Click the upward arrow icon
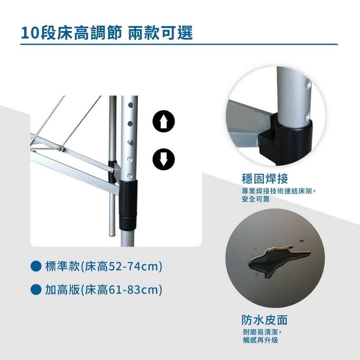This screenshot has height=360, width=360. coord(163,121)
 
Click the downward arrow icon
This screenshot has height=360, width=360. coord(163,159)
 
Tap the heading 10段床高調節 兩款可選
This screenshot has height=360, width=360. coord(107,33)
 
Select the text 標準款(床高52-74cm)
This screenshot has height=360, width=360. coord(104,266)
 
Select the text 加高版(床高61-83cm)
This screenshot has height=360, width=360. coord(104,289)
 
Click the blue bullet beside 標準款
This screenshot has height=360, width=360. coord(36,266)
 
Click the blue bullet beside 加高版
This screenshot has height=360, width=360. coord(36,289)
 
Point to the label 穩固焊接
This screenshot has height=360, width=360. coord(265,179)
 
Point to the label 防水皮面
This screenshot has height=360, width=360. coord(265,320)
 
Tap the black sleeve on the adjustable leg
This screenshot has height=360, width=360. coord(128,205)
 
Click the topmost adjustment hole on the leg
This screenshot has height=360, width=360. coord(130,105)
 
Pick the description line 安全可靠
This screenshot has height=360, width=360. coord(256,199)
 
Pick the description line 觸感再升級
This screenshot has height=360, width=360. coord(261,340)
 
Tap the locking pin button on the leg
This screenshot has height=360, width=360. coord(130,142)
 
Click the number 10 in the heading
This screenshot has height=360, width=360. coord(29,33)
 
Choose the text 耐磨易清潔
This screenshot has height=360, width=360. coord(261,332)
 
